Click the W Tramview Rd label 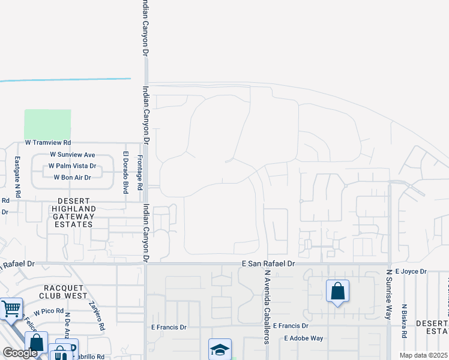tap(47, 143)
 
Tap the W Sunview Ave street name tap(73, 155)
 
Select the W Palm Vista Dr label tap(72, 166)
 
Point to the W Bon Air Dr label tap(72, 178)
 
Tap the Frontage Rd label tap(139, 173)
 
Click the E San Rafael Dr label tap(269, 264)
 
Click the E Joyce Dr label tap(411, 272)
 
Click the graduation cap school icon tap(220, 349)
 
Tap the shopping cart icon tap(11, 308)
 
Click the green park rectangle tap(47, 124)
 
